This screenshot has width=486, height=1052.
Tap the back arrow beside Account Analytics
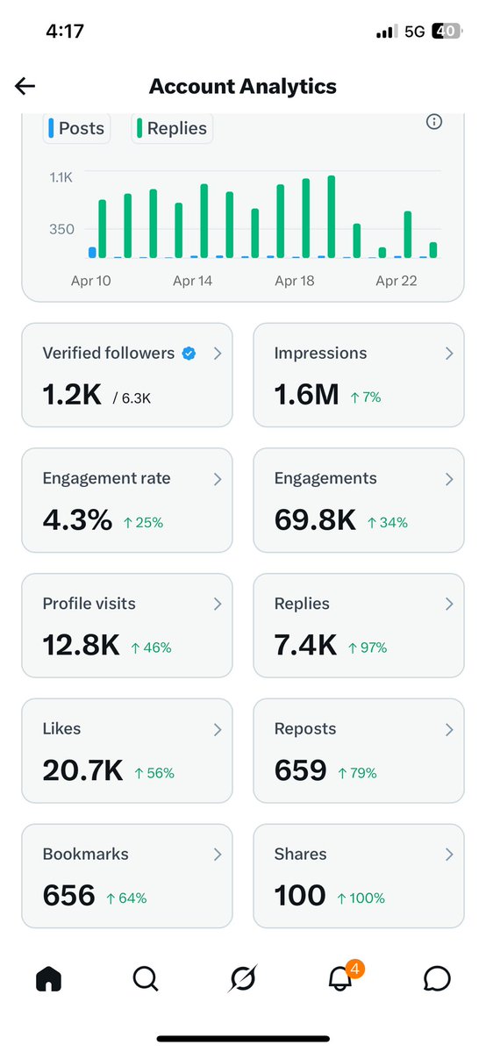point(25,85)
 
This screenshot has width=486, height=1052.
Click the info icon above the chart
point(433,122)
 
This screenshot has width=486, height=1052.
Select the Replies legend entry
point(172,128)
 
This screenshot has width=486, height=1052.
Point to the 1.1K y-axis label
point(61,177)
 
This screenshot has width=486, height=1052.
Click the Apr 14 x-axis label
point(192,282)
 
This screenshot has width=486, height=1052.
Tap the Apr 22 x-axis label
point(396,282)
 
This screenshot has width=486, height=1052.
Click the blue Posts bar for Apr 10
point(92,253)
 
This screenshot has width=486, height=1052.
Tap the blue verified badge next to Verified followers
point(189,354)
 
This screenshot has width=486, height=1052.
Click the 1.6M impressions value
point(306,395)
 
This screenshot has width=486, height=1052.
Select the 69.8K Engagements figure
point(315,520)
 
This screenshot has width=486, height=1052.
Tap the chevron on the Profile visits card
point(218,604)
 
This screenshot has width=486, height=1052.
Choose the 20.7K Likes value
point(82,771)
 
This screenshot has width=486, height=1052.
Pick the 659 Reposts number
point(300,771)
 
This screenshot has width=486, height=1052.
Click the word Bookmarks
point(85,854)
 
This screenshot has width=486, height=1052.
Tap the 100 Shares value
point(300,896)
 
